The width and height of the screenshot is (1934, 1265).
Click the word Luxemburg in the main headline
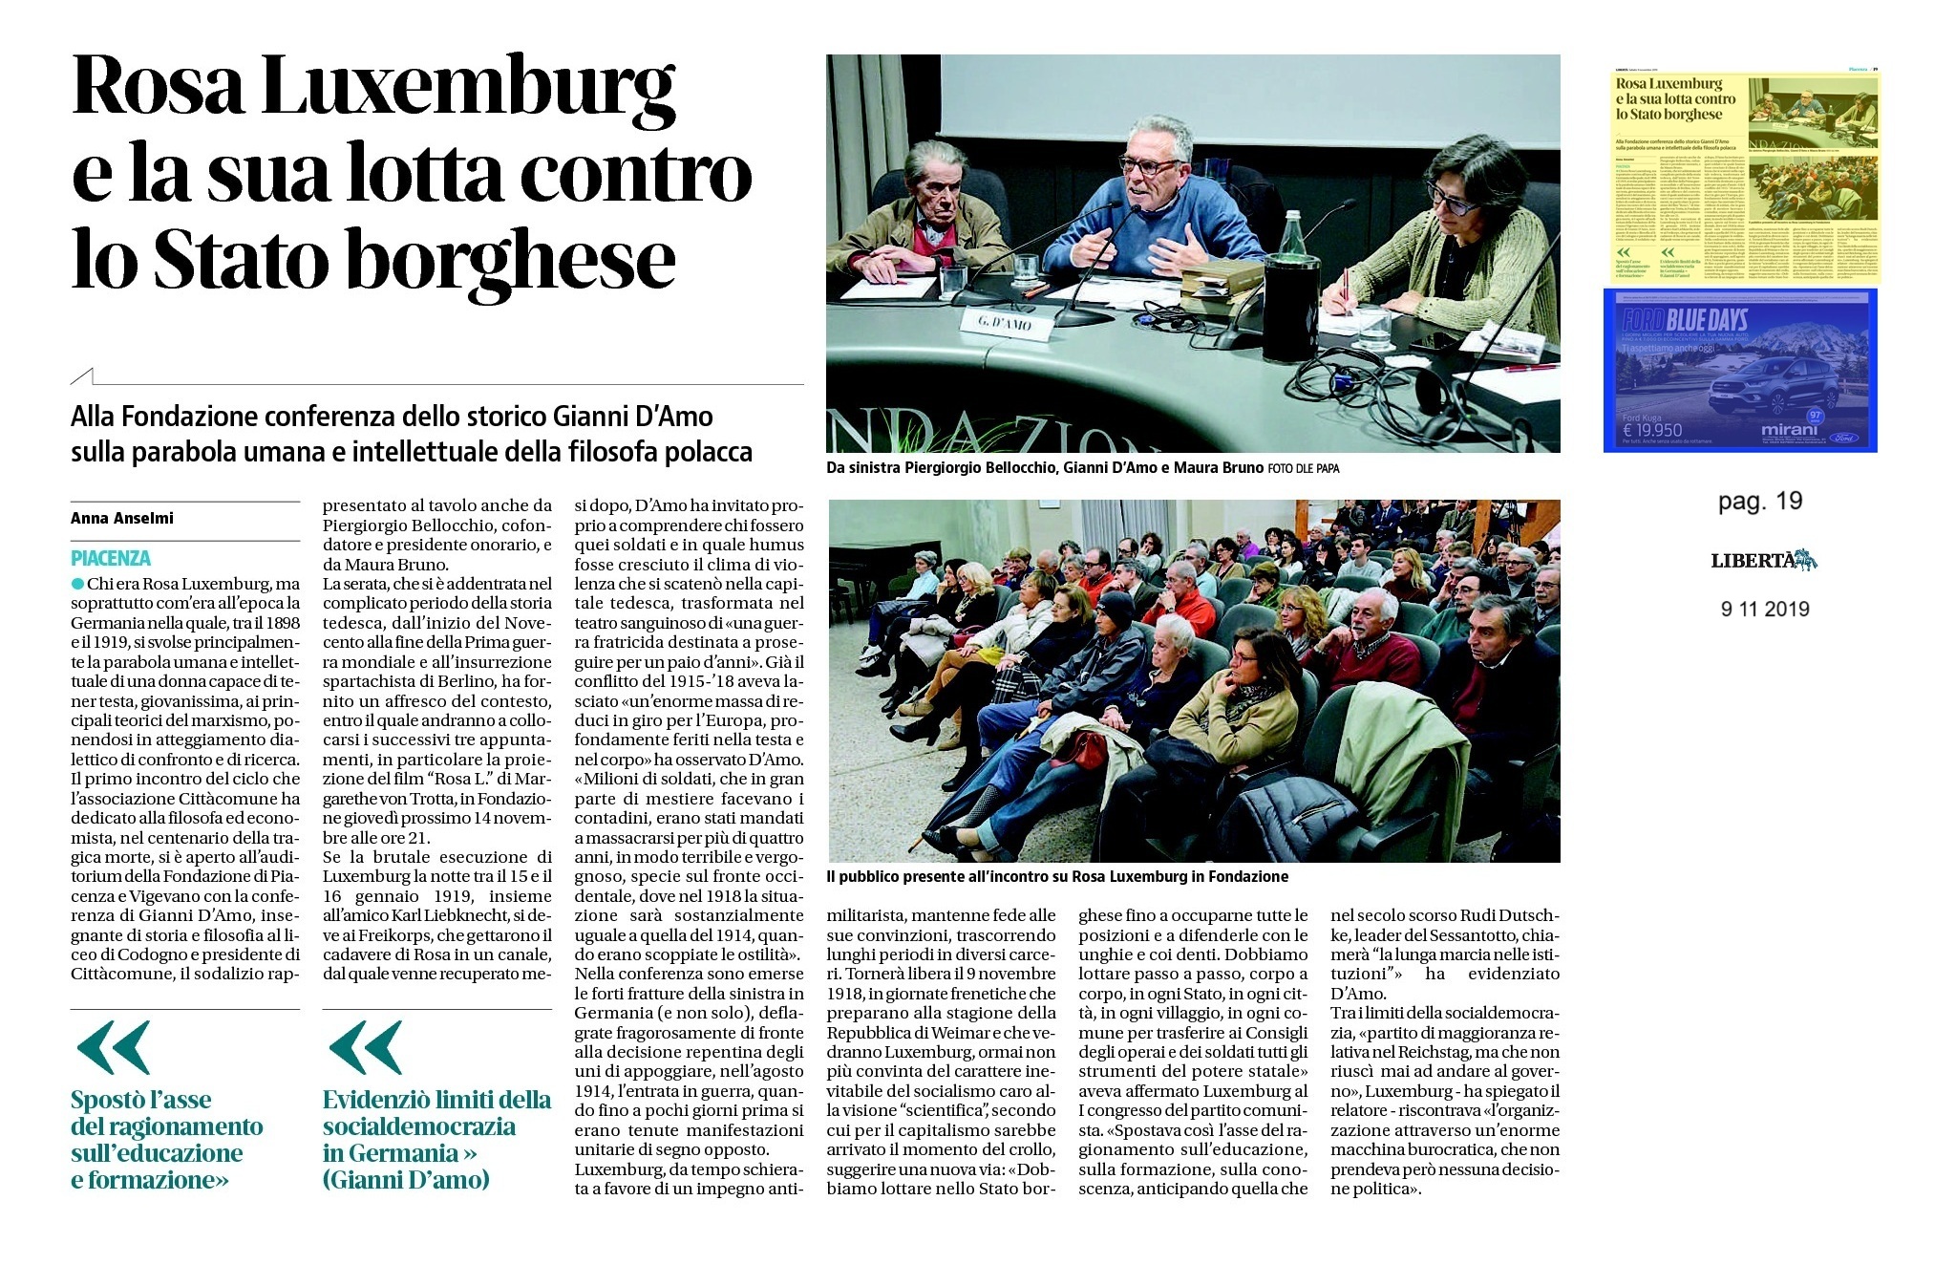(x=468, y=88)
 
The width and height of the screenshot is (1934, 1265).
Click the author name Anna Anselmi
(x=122, y=518)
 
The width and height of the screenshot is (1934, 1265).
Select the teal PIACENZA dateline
(x=111, y=558)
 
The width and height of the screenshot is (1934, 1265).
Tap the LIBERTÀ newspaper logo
(x=1763, y=561)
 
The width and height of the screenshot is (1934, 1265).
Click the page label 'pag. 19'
(x=1759, y=501)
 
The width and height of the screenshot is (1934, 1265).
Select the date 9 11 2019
(x=1764, y=609)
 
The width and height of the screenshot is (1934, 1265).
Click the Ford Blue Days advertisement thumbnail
(x=1740, y=370)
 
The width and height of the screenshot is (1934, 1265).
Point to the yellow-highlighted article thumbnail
(x=1740, y=179)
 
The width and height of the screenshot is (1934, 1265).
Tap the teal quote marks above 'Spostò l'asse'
(x=113, y=1047)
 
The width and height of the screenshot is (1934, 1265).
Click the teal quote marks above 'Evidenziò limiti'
(x=365, y=1047)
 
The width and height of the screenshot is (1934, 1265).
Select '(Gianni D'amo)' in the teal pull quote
(x=406, y=1180)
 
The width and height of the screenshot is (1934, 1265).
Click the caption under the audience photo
(x=1058, y=876)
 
